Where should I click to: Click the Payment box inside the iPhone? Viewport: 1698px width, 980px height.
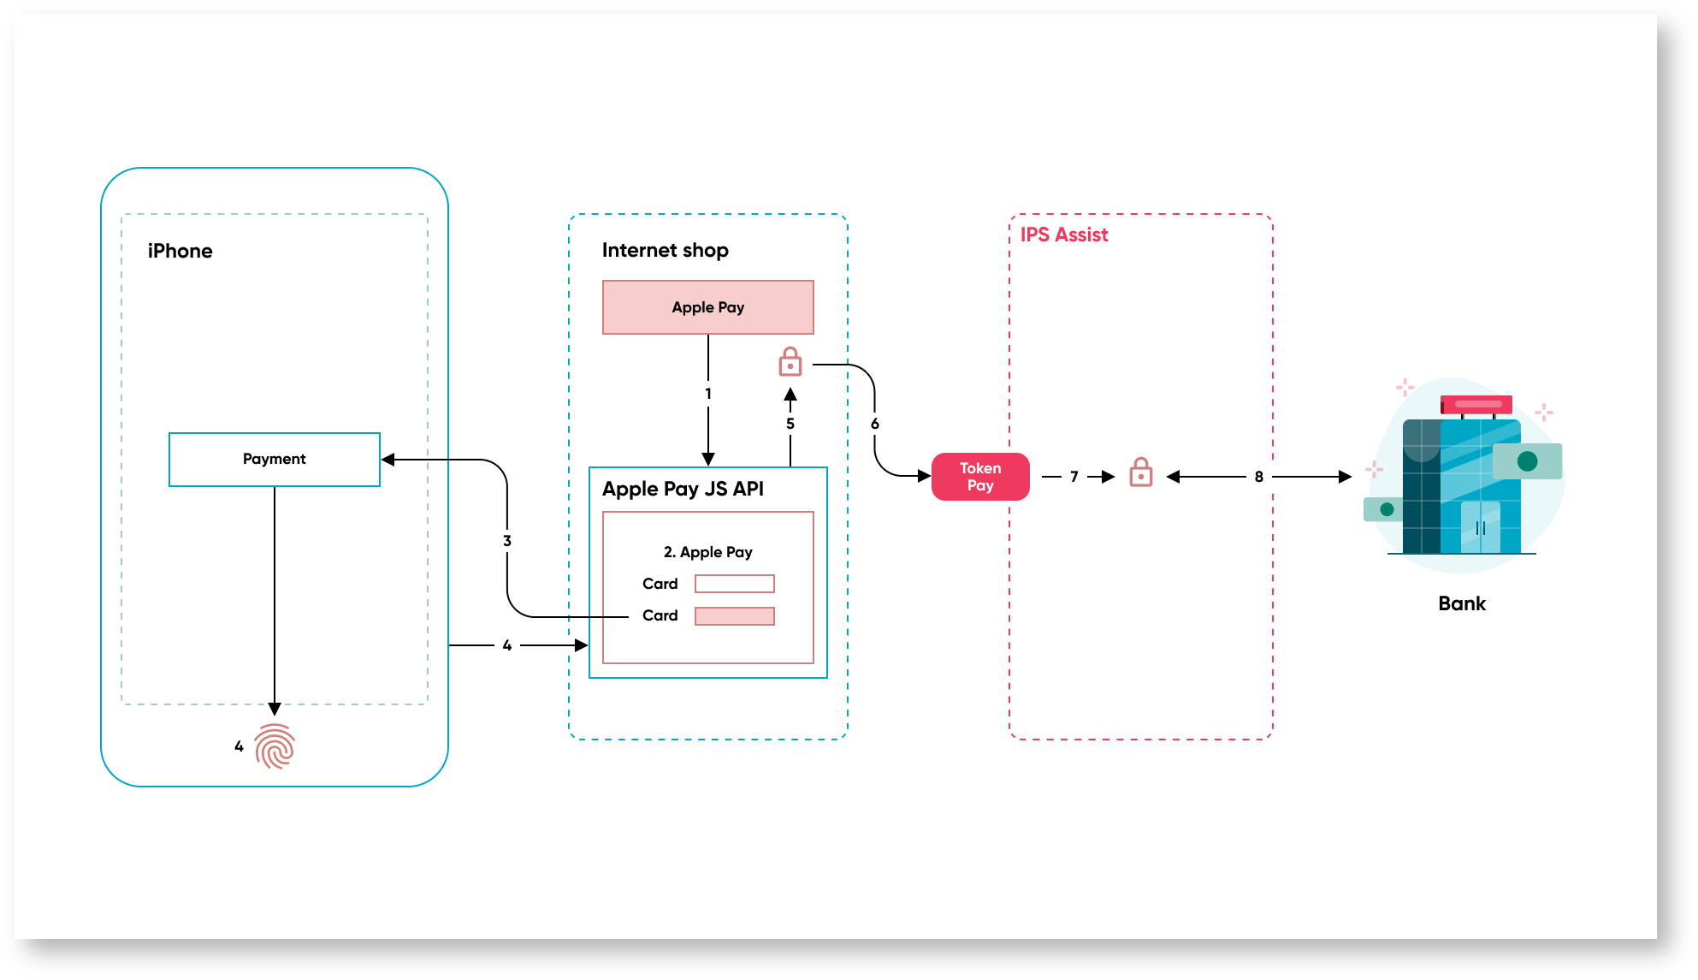click(274, 459)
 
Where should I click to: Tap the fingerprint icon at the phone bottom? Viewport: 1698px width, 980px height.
click(275, 746)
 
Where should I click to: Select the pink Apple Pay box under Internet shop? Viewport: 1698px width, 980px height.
click(707, 307)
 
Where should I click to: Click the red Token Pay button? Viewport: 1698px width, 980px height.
click(979, 477)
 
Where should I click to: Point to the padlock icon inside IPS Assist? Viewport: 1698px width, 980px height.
click(1140, 472)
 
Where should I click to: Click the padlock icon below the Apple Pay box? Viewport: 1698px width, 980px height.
click(790, 362)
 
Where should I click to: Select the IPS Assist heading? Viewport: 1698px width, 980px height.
click(1063, 235)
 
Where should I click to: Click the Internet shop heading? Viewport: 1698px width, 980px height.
click(665, 250)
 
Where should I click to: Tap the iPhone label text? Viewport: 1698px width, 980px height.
click(180, 251)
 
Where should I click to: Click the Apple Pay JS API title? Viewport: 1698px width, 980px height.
click(682, 489)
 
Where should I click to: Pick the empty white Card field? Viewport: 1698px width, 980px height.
click(734, 584)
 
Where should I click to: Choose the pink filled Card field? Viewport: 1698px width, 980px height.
click(734, 616)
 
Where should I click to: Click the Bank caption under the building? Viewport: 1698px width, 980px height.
click(1461, 603)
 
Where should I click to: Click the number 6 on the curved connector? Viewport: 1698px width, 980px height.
click(874, 424)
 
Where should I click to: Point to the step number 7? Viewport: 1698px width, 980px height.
click(1074, 477)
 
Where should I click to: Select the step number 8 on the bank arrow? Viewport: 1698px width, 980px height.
click(1258, 477)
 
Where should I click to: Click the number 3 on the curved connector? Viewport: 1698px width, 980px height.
click(506, 541)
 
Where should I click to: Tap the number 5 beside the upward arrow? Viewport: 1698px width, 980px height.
click(790, 424)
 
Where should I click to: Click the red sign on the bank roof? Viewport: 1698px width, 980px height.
click(1476, 404)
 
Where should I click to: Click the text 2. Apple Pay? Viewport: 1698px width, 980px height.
click(707, 552)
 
